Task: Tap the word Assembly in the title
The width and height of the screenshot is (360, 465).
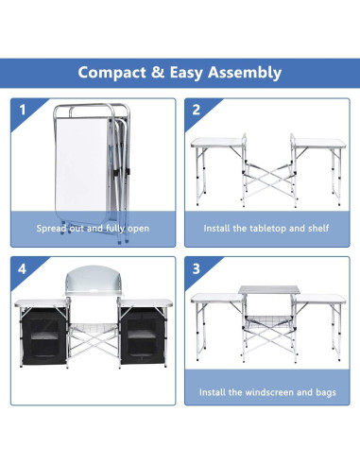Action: click(x=238, y=73)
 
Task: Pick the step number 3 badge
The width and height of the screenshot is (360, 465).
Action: click(x=197, y=269)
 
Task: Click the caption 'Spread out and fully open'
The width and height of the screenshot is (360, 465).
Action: click(x=93, y=229)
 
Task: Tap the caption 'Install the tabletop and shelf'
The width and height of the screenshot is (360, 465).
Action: click(x=266, y=229)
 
